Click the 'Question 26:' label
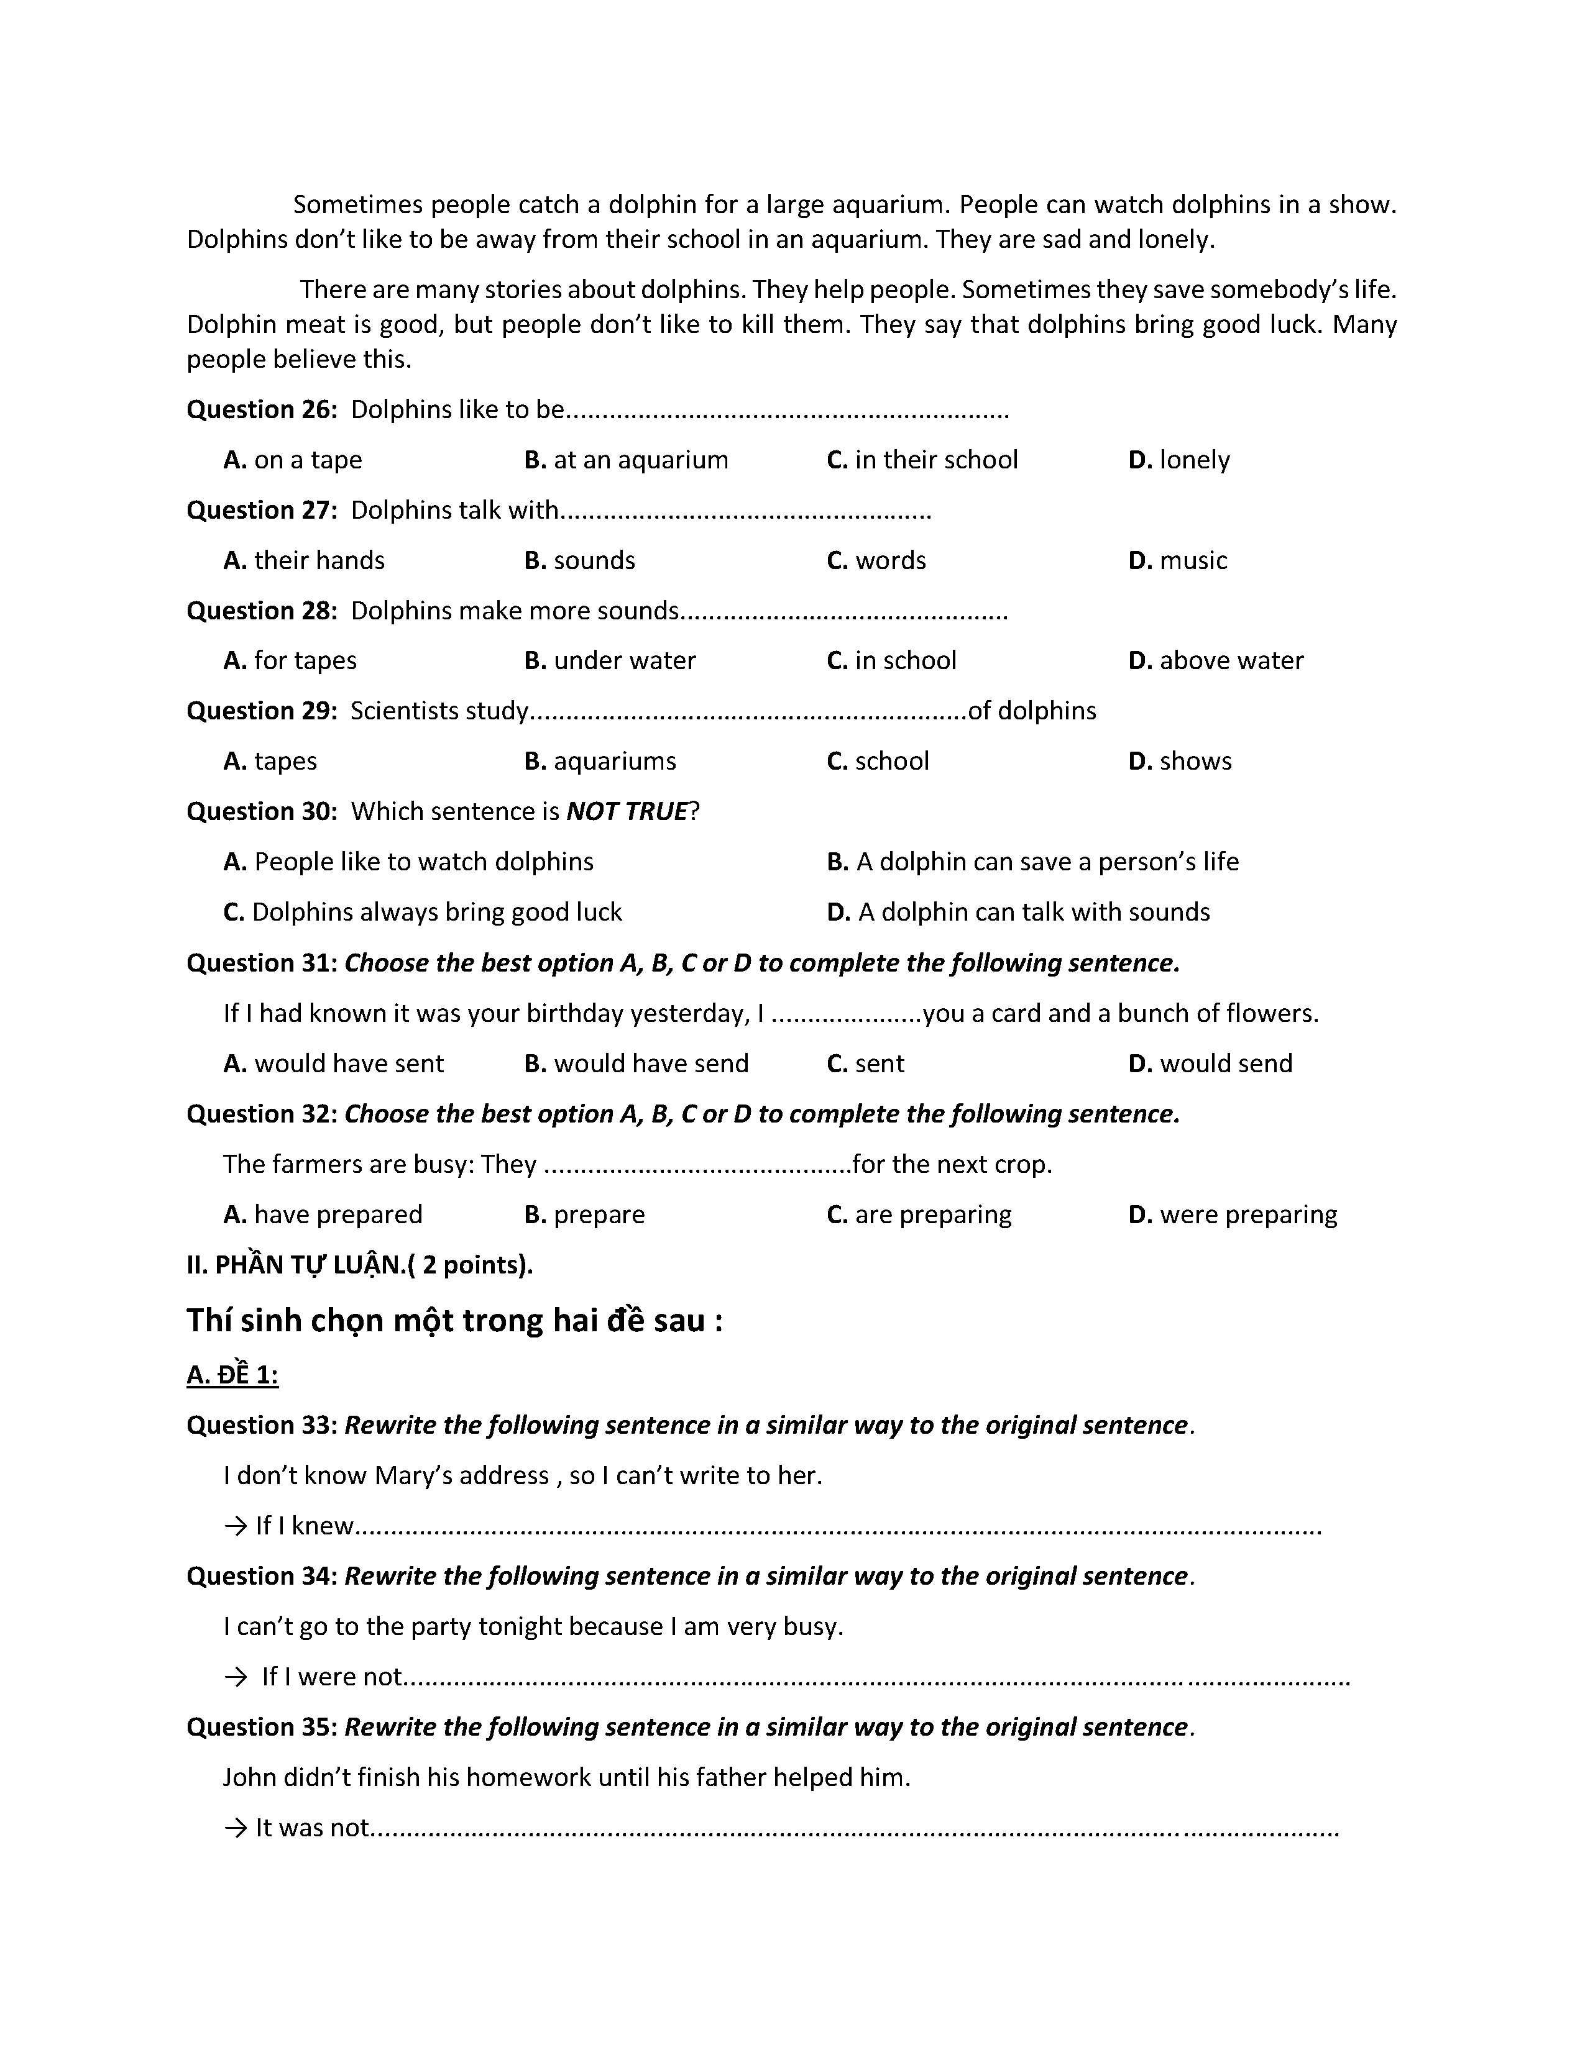coord(261,410)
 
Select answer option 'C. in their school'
coord(921,460)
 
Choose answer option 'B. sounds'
coord(579,560)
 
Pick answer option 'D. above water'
coord(1215,661)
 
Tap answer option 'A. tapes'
coord(270,761)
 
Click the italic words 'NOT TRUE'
coord(627,812)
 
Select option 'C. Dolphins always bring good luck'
coord(423,913)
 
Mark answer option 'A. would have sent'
coord(333,1064)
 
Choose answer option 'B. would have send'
coord(636,1064)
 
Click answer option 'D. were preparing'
coord(1232,1214)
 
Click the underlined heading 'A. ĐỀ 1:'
coord(232,1375)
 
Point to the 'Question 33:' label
coord(261,1425)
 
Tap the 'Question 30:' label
coord(261,812)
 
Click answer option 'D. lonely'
coord(1178,460)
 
